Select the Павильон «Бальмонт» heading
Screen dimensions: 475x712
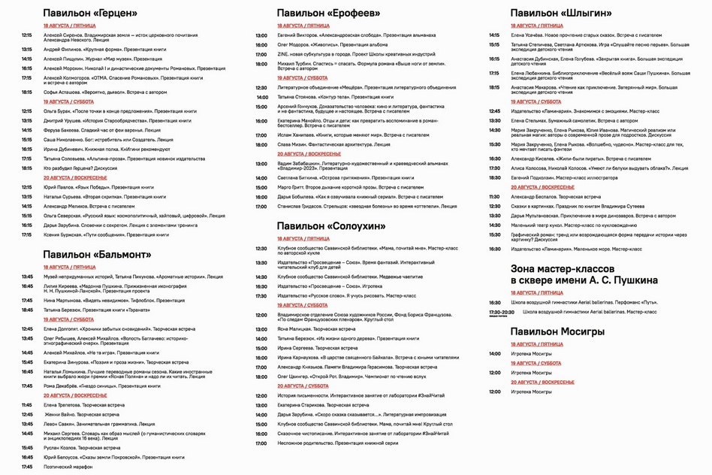[97, 254]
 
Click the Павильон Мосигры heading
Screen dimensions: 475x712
[557, 331]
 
